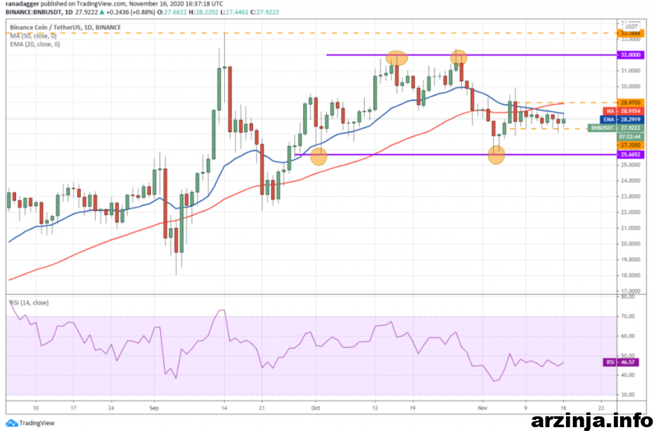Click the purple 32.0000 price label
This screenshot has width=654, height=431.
pyautogui.click(x=630, y=55)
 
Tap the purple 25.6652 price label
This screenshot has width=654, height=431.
pyautogui.click(x=630, y=155)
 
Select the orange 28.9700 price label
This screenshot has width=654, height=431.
pyautogui.click(x=630, y=102)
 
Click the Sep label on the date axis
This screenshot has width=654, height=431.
pyautogui.click(x=154, y=407)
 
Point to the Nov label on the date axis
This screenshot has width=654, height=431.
pyautogui.click(x=483, y=407)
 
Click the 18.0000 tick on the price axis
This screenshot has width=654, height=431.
pyautogui.click(x=630, y=275)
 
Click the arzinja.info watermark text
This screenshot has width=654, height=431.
pyautogui.click(x=591, y=420)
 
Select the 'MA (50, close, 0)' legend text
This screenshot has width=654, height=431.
pyautogui.click(x=35, y=36)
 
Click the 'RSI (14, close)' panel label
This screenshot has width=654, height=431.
pyautogui.click(x=29, y=302)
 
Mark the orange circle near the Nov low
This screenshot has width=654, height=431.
pyautogui.click(x=496, y=154)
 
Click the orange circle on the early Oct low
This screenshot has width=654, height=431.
pyautogui.click(x=319, y=155)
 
